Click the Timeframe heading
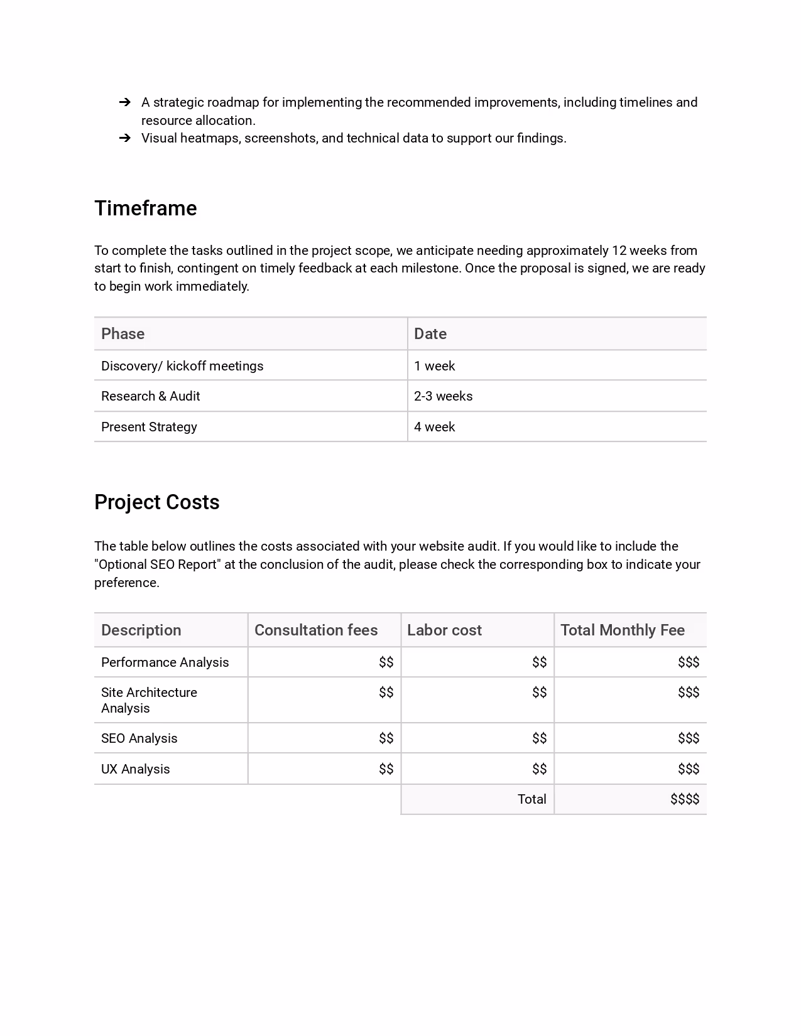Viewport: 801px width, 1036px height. [145, 208]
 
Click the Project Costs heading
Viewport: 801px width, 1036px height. [156, 502]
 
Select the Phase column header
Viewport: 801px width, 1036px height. [123, 334]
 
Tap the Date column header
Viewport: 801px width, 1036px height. [430, 334]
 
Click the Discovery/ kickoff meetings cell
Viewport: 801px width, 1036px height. [182, 366]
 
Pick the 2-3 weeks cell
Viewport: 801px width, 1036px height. [443, 396]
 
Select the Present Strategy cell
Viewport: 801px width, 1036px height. [149, 427]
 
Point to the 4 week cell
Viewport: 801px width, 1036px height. [434, 427]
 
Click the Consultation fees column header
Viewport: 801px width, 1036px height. [316, 630]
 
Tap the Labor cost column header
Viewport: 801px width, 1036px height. [444, 630]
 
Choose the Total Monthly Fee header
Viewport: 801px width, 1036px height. [622, 630]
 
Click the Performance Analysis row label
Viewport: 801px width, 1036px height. [165, 662]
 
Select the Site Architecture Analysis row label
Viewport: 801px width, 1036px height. [149, 700]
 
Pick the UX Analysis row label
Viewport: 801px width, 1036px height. [135, 769]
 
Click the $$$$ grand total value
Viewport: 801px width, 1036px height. [684, 799]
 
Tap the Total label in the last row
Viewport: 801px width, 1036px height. [531, 799]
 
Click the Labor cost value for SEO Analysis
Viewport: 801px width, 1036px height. [539, 738]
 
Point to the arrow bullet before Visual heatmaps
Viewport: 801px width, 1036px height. [124, 138]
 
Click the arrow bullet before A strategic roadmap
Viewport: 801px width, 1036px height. [124, 102]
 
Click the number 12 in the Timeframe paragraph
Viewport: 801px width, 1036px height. [619, 251]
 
